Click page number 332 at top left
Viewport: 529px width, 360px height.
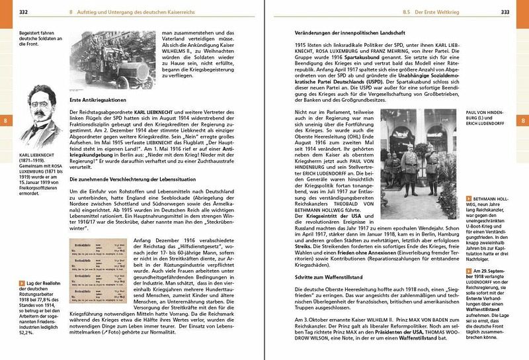(23, 12)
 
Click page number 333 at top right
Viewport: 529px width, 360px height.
(505, 12)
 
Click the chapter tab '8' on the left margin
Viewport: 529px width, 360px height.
(6, 120)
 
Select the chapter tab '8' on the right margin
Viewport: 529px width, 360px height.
(522, 120)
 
